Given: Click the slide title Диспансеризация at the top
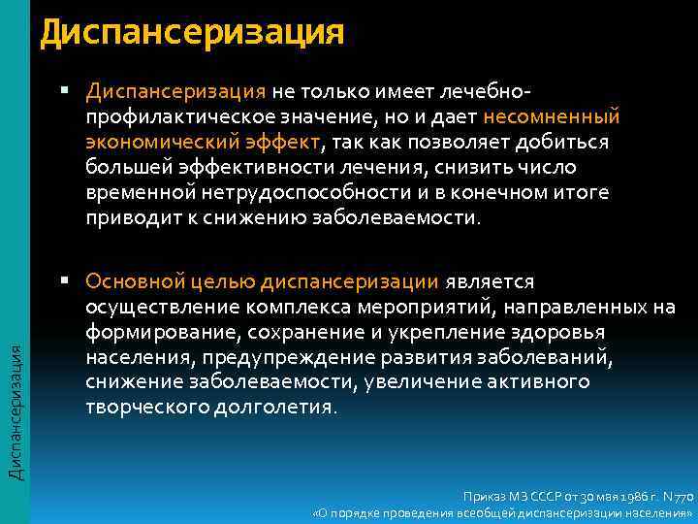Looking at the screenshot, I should pyautogui.click(x=192, y=32).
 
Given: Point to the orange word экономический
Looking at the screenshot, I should pyautogui.click(x=145, y=142).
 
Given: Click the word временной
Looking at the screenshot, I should pyautogui.click(x=131, y=192).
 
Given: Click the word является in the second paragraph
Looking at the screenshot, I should pyautogui.click(x=490, y=281).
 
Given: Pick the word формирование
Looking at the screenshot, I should pyautogui.click(x=153, y=332).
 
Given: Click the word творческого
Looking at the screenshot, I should pyautogui.click(x=143, y=408).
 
